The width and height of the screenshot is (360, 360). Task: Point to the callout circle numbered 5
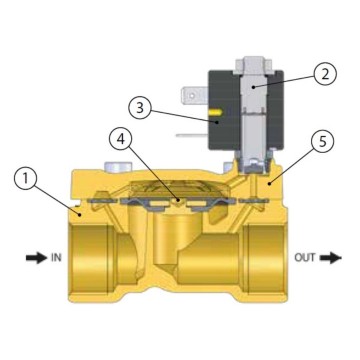(322, 143)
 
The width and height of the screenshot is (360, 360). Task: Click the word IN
(57, 256)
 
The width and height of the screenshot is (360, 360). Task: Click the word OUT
(306, 256)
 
